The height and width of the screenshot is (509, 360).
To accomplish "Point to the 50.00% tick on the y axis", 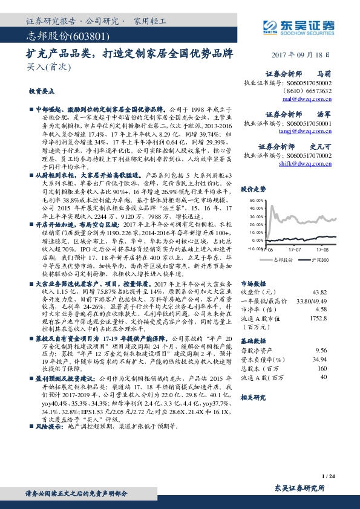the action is click(256, 199).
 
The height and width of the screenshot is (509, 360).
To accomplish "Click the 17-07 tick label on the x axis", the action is click(295, 248).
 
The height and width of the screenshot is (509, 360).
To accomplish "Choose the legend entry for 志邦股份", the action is click(283, 259).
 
